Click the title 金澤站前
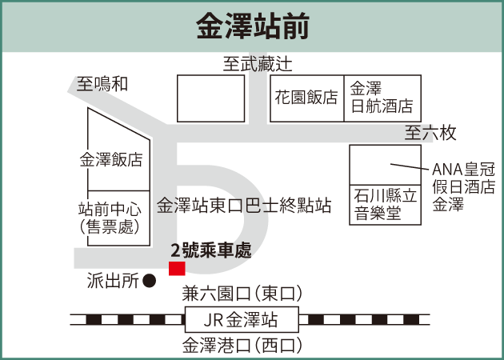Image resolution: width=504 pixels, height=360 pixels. click(253, 26)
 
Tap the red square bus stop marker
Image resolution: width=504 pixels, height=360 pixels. click(177, 268)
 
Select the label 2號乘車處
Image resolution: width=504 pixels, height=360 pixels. click(210, 252)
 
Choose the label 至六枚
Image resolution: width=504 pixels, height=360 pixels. click(430, 132)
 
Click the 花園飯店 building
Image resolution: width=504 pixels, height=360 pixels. click(306, 98)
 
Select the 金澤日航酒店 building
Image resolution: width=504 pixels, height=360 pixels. click(382, 98)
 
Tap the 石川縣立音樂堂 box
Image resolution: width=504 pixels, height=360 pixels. click(385, 204)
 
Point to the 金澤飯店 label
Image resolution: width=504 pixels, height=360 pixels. click(111, 159)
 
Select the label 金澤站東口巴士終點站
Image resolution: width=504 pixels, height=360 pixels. click(245, 206)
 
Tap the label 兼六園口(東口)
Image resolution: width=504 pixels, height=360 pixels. click(242, 293)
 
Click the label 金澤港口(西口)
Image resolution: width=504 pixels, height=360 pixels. click(242, 346)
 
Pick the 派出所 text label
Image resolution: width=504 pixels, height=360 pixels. click(112, 281)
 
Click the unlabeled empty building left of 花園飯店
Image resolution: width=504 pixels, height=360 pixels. click(210, 98)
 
